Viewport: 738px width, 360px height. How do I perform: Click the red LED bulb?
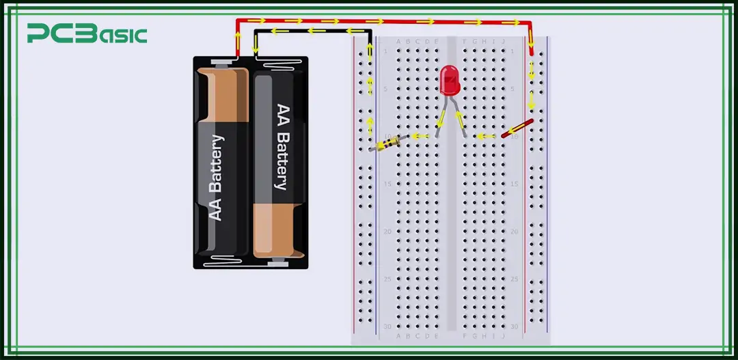(449, 80)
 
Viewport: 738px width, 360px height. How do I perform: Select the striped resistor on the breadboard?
(388, 143)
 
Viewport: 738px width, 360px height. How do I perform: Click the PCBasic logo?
(87, 33)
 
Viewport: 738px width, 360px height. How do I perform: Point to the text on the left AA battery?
(216, 178)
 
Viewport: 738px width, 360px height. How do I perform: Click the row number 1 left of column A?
(386, 51)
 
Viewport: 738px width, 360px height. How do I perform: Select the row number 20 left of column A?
(386, 232)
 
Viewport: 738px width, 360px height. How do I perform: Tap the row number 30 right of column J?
(514, 326)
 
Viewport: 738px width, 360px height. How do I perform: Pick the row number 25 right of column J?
(514, 279)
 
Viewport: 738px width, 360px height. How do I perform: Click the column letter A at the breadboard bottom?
(398, 335)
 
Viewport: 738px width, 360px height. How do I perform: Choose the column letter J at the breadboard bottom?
(504, 335)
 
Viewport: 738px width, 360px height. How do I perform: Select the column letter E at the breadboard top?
(437, 41)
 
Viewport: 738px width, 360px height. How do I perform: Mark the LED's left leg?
(441, 116)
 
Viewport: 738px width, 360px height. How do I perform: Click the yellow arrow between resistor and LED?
(420, 136)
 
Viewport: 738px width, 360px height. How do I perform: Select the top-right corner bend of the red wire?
(531, 23)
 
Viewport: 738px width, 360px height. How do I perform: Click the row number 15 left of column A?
(386, 184)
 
